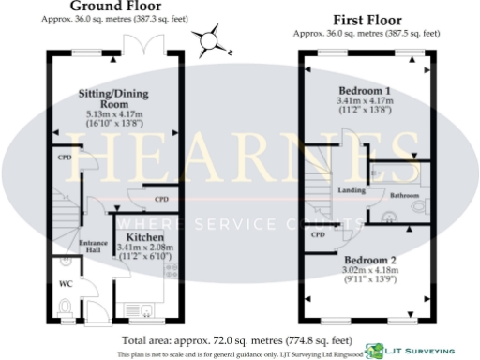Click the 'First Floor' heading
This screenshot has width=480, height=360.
[x=366, y=19]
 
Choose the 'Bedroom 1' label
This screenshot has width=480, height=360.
[x=365, y=90]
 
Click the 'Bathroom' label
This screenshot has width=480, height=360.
[x=404, y=195]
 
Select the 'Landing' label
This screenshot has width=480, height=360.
[x=351, y=190]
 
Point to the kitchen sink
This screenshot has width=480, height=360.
[x=142, y=307]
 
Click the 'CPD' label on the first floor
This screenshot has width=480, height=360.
[x=318, y=234]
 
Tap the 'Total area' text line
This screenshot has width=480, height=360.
[x=236, y=339]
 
